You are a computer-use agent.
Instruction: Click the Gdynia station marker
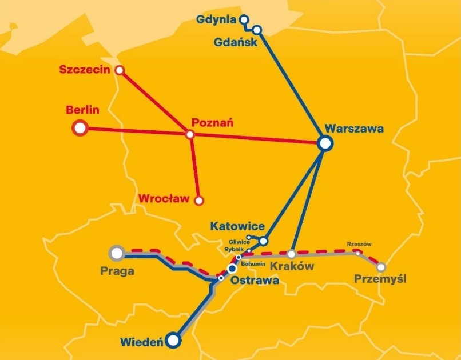pyautogui.click(x=244, y=19)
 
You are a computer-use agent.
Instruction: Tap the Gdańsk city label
pyautogui.click(x=235, y=42)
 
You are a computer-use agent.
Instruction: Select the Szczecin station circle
pyautogui.click(x=120, y=70)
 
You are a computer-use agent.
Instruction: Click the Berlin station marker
pyautogui.click(x=80, y=128)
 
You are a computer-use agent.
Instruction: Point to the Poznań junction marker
pyautogui.click(x=190, y=135)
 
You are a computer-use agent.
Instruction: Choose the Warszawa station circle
pyautogui.click(x=325, y=143)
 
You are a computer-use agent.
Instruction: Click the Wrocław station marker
pyautogui.click(x=199, y=201)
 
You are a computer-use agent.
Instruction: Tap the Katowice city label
pyautogui.click(x=237, y=227)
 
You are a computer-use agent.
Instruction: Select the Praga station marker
pyautogui.click(x=117, y=252)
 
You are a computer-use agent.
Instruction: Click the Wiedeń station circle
pyautogui.click(x=173, y=341)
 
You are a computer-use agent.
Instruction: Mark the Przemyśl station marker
pyautogui.click(x=381, y=266)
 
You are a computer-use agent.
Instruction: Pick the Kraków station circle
pyautogui.click(x=291, y=254)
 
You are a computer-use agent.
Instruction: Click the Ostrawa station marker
pyautogui.click(x=232, y=268)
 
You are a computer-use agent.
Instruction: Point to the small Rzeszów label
pyautogui.click(x=359, y=244)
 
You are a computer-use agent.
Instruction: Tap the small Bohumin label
pyautogui.click(x=253, y=264)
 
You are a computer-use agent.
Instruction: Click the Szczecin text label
pyautogui.click(x=85, y=70)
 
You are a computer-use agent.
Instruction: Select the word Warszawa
pyautogui.click(x=354, y=128)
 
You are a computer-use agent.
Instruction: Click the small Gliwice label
pyautogui.click(x=235, y=242)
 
